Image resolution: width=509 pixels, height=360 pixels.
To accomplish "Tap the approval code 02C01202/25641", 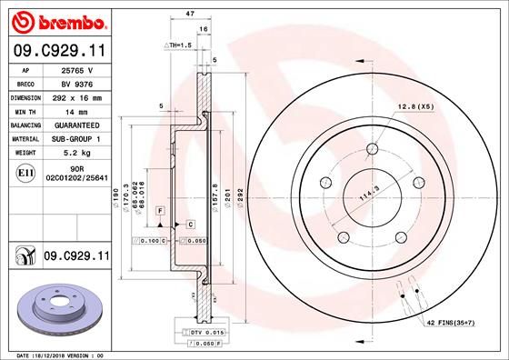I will [79, 180].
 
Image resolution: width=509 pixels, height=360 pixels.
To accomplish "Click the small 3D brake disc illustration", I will [57, 308].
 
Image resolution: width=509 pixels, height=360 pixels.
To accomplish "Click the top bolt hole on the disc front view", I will [373, 151].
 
